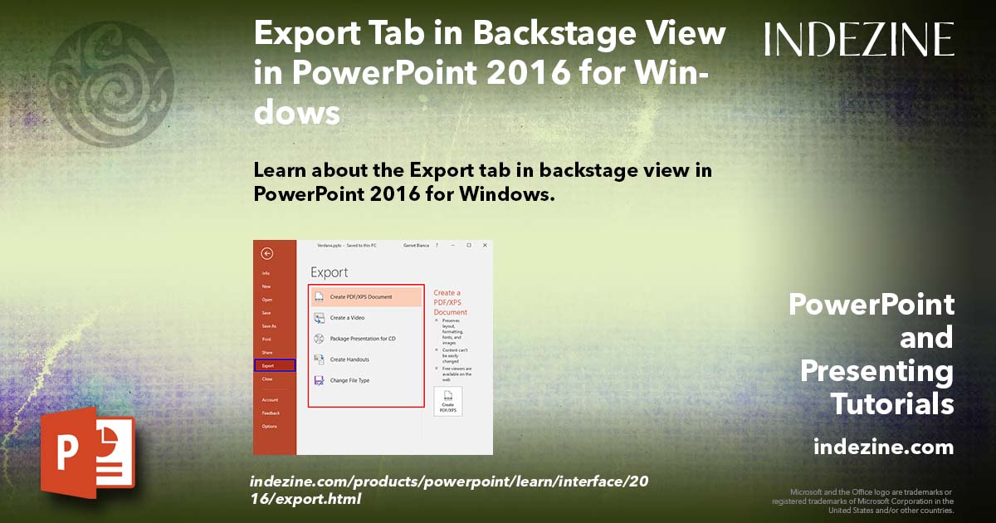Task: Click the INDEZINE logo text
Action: [x=859, y=39]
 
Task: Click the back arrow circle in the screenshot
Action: [x=266, y=254]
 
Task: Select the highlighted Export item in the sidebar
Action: [x=274, y=365]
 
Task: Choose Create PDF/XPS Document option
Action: [x=365, y=296]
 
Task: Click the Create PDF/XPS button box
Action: [x=447, y=401]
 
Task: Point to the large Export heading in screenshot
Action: [x=330, y=272]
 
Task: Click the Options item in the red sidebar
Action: [x=270, y=427]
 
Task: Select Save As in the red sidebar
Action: [x=269, y=326]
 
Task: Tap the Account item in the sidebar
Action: [x=270, y=400]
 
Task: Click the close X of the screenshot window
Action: [x=484, y=246]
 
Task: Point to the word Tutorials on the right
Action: [x=892, y=404]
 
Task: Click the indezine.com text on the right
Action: [x=883, y=447]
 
